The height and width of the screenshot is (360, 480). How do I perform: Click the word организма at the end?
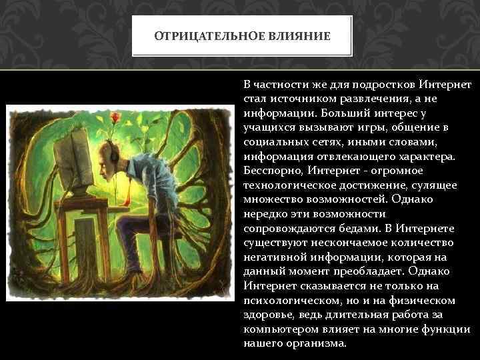[x=317, y=344]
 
